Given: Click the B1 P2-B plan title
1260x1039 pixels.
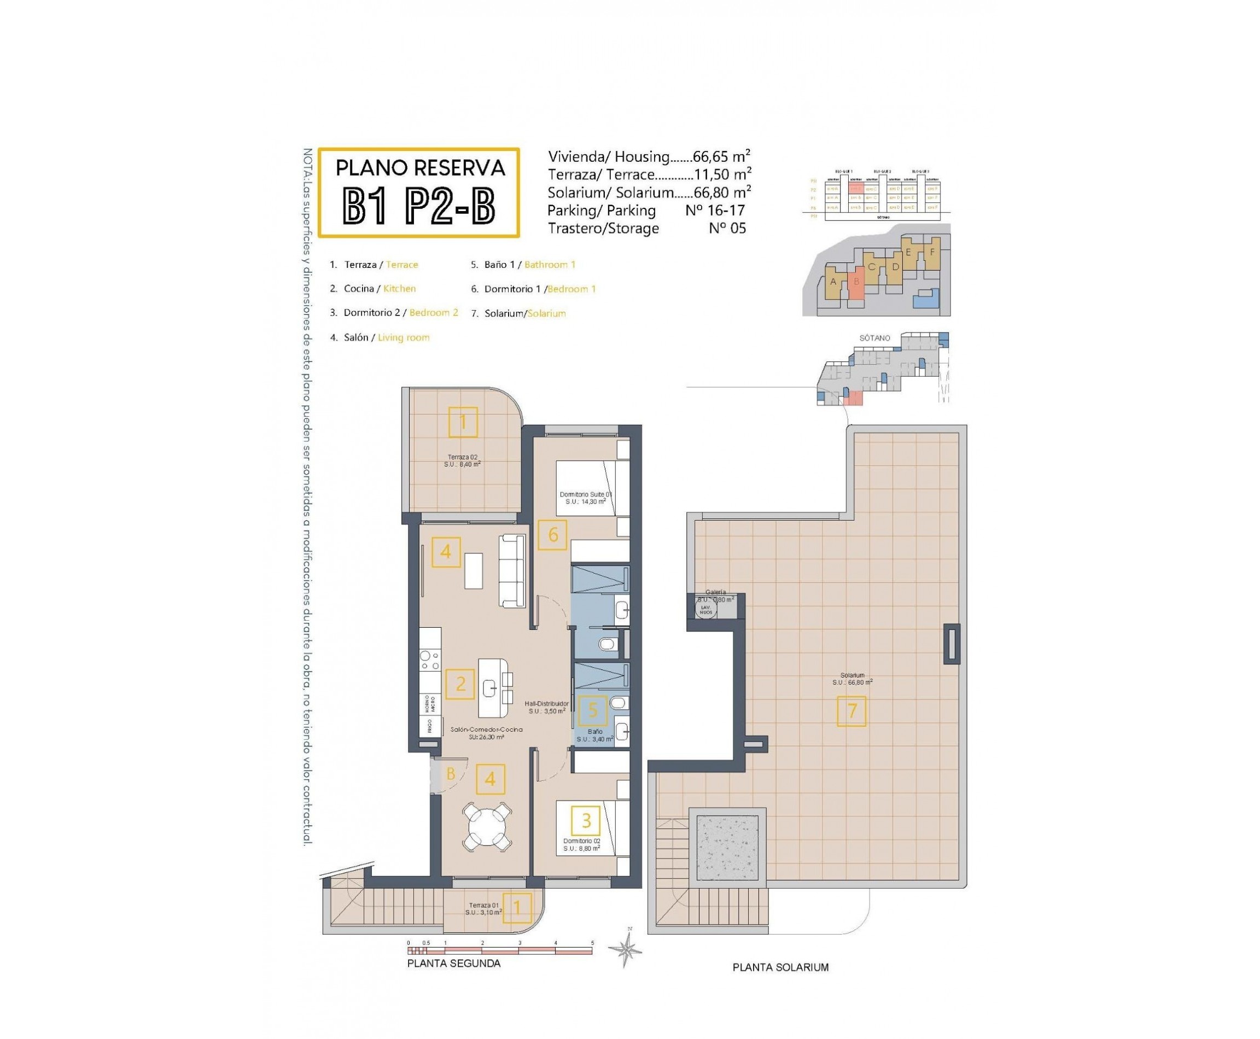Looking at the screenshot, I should (x=419, y=207).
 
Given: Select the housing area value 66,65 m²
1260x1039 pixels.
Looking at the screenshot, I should (x=721, y=157).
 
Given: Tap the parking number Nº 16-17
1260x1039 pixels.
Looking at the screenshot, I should (x=715, y=211).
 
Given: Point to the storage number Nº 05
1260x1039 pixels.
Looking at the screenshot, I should (x=727, y=228).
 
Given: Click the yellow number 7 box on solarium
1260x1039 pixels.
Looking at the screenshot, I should (x=851, y=711).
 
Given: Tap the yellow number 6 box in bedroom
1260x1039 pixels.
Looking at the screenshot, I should (x=552, y=534).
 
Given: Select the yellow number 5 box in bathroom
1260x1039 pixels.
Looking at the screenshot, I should (x=593, y=710).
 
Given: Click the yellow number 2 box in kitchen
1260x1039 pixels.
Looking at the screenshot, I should (x=460, y=684).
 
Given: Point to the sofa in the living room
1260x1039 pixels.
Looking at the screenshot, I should (x=512, y=570).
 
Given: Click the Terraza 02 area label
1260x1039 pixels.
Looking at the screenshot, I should (x=462, y=460).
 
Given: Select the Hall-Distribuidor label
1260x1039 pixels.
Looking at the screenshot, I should (x=546, y=708).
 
